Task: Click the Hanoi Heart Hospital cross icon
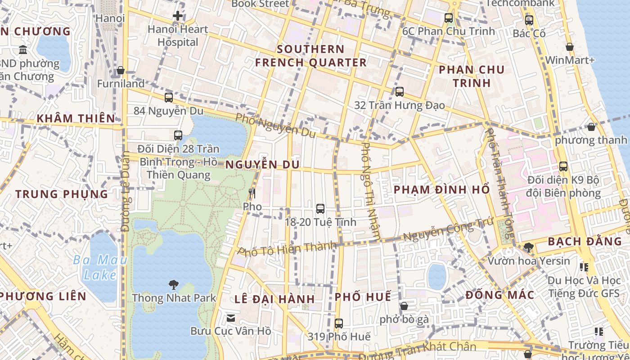[178, 16]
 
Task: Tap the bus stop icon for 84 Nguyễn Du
[169, 97]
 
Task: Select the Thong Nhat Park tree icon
[173, 284]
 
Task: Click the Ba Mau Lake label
[100, 267]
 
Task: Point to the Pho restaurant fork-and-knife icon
[252, 193]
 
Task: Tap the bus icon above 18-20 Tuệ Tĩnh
[320, 209]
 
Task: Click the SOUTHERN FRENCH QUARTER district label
[311, 56]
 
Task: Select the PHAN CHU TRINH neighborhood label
[472, 76]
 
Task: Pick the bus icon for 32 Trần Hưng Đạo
[399, 92]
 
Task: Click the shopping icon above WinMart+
[569, 47]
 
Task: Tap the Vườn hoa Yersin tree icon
[528, 247]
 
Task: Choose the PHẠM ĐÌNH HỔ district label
[441, 189]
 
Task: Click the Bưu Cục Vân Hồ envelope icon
[230, 318]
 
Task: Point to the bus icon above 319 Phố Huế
[339, 323]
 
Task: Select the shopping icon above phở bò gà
[404, 306]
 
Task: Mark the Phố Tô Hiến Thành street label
[287, 248]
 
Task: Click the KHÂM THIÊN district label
[76, 118]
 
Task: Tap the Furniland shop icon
[121, 71]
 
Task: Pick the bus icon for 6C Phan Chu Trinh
[449, 18]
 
